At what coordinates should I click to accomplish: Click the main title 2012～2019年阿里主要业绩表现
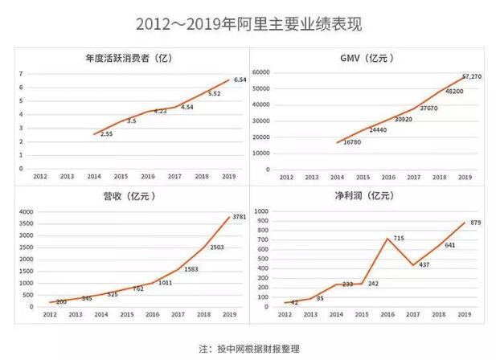click(248, 25)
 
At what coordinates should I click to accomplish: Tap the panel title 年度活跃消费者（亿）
click(129, 59)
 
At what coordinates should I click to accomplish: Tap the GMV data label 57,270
click(473, 77)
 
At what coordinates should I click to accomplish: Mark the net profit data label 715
click(399, 240)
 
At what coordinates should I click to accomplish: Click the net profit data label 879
click(475, 223)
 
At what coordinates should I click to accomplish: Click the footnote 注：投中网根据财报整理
click(248, 349)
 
